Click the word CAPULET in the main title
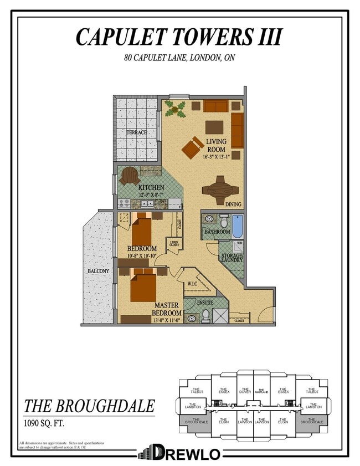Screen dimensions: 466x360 [115, 37]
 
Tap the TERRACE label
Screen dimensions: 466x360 [136, 132]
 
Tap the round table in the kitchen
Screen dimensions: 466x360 [130, 176]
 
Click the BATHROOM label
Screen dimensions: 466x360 [217, 232]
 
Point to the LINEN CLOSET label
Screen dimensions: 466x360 [174, 243]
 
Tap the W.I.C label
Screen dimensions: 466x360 [193, 284]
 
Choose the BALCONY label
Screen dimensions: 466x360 [98, 271]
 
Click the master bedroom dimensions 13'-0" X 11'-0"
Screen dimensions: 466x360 [167, 320]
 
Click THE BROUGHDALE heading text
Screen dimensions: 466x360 [89, 406]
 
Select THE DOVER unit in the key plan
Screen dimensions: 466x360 [245, 391]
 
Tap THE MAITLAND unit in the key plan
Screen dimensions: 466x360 [261, 392]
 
